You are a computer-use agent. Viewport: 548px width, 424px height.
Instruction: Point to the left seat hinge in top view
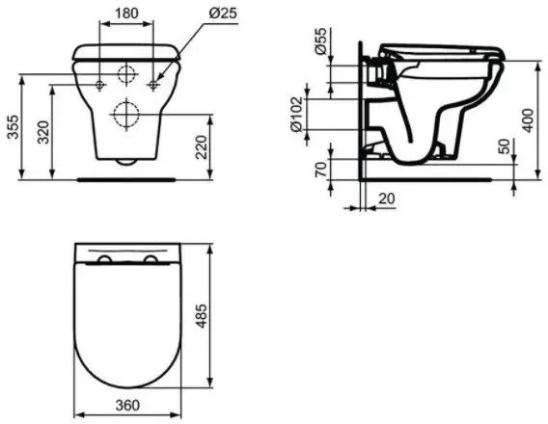(103, 261)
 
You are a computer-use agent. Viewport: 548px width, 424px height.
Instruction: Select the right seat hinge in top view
(150, 261)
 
